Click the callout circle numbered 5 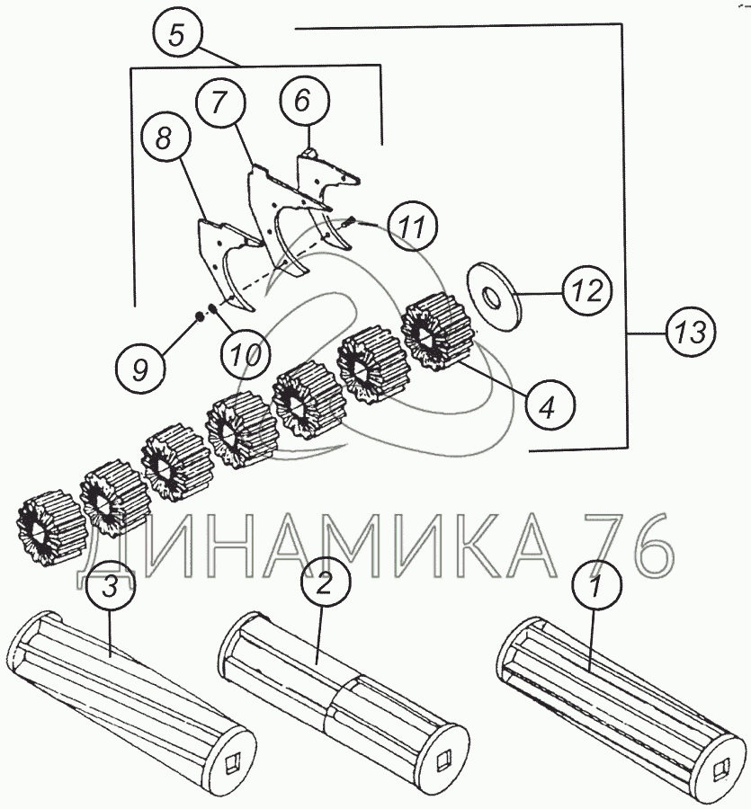tap(176, 37)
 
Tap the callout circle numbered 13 tap(690, 332)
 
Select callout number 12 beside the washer tap(587, 290)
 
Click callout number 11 tap(413, 226)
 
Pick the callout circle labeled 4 tap(550, 406)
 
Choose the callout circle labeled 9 tap(141, 369)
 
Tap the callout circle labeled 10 tap(246, 354)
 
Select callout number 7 tap(219, 102)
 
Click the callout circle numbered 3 tap(110, 587)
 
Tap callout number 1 tap(596, 585)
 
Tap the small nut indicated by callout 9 tap(198, 316)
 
